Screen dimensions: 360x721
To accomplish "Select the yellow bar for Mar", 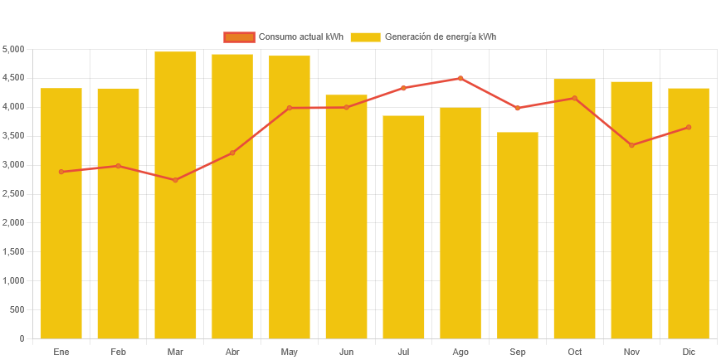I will pyautogui.click(x=175, y=195).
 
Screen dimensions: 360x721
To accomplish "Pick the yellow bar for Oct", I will pyautogui.click(x=574, y=208).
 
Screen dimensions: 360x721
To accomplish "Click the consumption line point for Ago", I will pyautogui.click(x=460, y=78).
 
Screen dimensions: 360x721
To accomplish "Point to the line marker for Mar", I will pyautogui.click(x=175, y=180).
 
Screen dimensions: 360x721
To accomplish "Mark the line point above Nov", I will pyautogui.click(x=631, y=145).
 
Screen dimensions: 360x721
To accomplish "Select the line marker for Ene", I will pyautogui.click(x=61, y=172).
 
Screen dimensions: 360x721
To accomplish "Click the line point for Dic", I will pyautogui.click(x=689, y=127).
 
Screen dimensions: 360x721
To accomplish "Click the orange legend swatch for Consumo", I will pyautogui.click(x=239, y=36).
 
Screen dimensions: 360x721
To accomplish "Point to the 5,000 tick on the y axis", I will pyautogui.click(x=13, y=49).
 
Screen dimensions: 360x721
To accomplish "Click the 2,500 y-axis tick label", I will pyautogui.click(x=13, y=194).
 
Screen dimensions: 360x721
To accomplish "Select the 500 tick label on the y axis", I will pyautogui.click(x=17, y=309).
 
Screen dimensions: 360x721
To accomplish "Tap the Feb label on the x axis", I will pyautogui.click(x=118, y=352).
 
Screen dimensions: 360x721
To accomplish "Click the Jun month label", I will pyautogui.click(x=346, y=352).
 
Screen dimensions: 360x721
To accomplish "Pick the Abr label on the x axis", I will pyautogui.click(x=232, y=352).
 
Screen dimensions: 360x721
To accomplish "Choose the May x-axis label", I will pyautogui.click(x=289, y=352).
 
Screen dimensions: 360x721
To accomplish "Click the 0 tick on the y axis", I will pyautogui.click(x=22, y=338).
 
